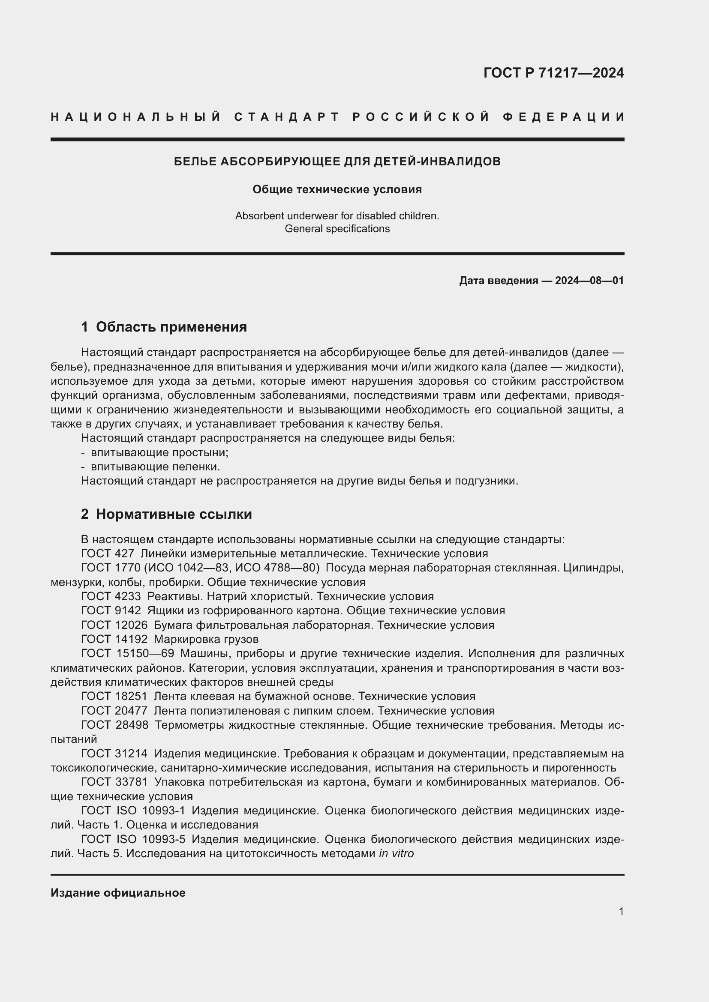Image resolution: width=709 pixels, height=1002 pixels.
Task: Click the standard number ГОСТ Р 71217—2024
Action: [x=553, y=73]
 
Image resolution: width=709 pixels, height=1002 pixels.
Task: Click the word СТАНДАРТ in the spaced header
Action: [x=287, y=117]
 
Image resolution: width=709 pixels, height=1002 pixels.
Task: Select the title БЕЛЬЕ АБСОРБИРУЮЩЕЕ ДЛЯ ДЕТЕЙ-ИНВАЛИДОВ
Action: [x=337, y=162]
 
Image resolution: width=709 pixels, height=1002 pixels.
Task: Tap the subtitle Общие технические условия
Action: [x=337, y=189]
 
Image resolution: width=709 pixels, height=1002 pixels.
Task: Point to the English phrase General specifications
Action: [x=337, y=229]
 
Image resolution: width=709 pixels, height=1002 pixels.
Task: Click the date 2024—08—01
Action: [x=589, y=281]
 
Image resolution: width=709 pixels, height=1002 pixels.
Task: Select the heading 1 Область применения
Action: [x=164, y=327]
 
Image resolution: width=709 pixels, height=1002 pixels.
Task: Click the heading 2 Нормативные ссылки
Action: [x=166, y=514]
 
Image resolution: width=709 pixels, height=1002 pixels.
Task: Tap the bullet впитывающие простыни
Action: [x=159, y=452]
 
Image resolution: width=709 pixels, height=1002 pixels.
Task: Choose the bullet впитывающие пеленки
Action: [x=155, y=467]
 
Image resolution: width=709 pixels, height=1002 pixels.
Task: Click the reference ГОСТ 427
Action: [x=108, y=554]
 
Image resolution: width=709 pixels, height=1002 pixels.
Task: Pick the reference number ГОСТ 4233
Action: [x=111, y=597]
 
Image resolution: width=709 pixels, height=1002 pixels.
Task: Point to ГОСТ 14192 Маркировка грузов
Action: [x=170, y=639]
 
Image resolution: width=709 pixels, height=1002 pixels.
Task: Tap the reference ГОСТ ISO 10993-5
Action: [x=133, y=839]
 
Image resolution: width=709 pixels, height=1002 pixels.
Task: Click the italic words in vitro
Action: [x=396, y=854]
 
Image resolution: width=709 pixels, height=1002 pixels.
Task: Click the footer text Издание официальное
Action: [x=118, y=893]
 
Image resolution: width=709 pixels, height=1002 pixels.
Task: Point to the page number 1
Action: [x=621, y=911]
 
